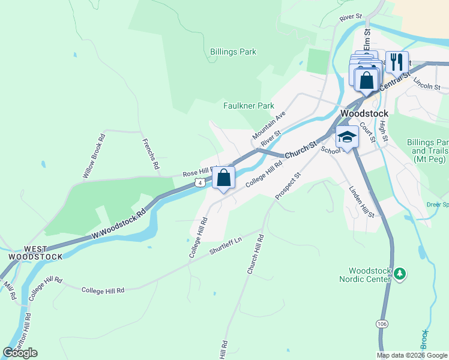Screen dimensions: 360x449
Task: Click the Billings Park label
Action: [233, 52]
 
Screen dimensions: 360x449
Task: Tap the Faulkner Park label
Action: [249, 106]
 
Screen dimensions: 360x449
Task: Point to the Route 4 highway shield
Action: [205, 181]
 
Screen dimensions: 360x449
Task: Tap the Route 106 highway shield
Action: [382, 323]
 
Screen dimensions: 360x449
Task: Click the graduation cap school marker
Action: [346, 138]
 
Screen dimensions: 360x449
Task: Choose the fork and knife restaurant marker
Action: [397, 61]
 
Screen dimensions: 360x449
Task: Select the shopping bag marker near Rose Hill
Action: [223, 178]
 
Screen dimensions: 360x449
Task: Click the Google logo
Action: [20, 352]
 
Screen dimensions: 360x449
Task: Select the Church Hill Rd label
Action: [255, 254]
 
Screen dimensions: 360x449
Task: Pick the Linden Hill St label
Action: [361, 202]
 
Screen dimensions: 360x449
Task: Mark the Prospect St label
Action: [287, 186]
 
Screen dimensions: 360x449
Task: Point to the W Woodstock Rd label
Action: [119, 223]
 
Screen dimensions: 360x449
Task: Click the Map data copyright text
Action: [412, 355]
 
